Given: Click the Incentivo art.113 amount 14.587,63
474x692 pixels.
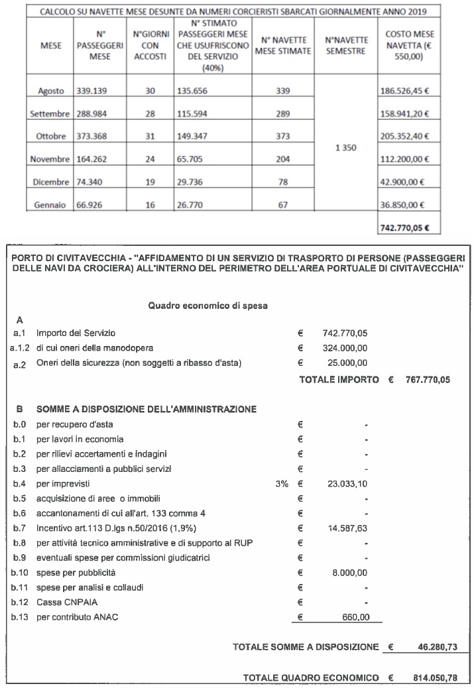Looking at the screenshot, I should [347, 528].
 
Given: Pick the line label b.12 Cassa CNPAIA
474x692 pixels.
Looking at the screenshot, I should [52, 602].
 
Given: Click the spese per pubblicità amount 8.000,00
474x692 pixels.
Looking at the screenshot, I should [351, 572].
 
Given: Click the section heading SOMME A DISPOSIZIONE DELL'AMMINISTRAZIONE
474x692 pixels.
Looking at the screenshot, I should [147, 410].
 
